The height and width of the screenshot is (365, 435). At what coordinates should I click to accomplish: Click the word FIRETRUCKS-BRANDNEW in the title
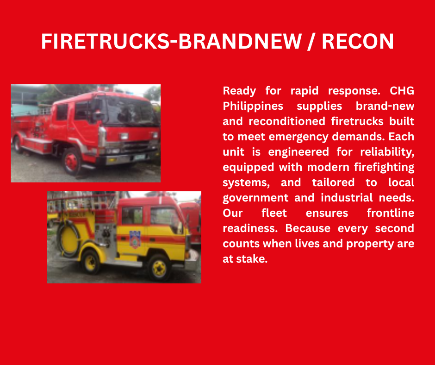click(x=171, y=41)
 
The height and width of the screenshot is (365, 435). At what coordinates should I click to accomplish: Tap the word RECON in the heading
click(x=358, y=41)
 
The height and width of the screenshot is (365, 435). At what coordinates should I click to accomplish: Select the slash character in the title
click(x=311, y=42)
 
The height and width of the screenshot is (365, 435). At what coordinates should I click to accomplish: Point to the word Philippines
click(x=253, y=106)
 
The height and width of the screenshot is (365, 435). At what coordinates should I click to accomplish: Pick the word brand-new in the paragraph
click(x=385, y=106)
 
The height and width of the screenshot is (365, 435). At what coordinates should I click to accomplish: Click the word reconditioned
click(x=287, y=121)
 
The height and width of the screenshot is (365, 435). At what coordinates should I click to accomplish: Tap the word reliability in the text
click(x=386, y=152)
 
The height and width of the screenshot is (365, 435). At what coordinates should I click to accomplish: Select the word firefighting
click(x=384, y=167)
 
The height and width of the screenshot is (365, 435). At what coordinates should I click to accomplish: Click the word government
click(x=255, y=198)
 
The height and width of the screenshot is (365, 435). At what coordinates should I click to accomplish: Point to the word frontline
click(x=390, y=213)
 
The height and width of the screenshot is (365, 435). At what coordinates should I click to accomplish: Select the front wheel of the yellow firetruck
click(x=159, y=268)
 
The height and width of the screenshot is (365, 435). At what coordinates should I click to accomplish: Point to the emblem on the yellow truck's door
click(x=135, y=239)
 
